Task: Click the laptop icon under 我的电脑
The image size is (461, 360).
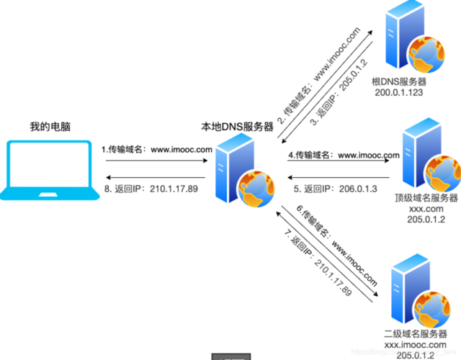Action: [49, 170]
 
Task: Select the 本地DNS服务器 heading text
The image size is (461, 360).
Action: [237, 127]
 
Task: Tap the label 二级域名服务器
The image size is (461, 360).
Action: [416, 333]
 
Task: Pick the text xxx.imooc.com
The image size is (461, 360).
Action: [416, 344]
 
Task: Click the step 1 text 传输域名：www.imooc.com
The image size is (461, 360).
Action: [156, 149]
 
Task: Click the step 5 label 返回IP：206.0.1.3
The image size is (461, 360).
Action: [336, 189]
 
